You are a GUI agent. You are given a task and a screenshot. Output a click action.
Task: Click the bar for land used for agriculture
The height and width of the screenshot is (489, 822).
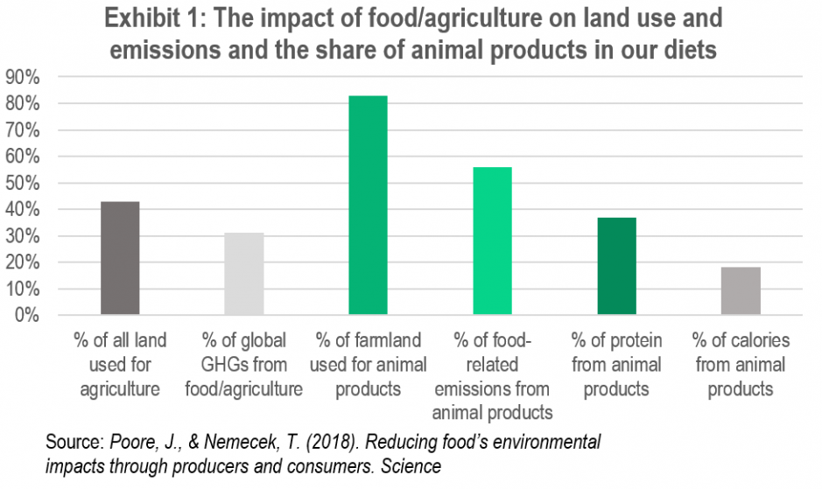click(x=120, y=258)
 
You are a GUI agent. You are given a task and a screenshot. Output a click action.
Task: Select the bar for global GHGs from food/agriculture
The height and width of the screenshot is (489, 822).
click(x=244, y=274)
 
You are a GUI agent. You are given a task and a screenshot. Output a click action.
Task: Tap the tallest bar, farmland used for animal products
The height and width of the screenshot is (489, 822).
click(x=368, y=205)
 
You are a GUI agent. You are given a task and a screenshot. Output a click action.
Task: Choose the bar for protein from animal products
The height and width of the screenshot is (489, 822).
click(x=616, y=266)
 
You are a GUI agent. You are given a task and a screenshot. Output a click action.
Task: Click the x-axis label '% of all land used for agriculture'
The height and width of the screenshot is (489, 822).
click(x=120, y=364)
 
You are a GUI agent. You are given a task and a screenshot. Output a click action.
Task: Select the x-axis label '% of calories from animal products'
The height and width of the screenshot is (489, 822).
click(x=741, y=364)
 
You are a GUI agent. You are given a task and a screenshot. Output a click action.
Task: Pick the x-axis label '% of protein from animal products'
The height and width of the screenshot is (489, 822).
click(x=616, y=364)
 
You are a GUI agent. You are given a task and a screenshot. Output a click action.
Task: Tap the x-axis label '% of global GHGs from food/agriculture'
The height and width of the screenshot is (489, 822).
click(x=244, y=364)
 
